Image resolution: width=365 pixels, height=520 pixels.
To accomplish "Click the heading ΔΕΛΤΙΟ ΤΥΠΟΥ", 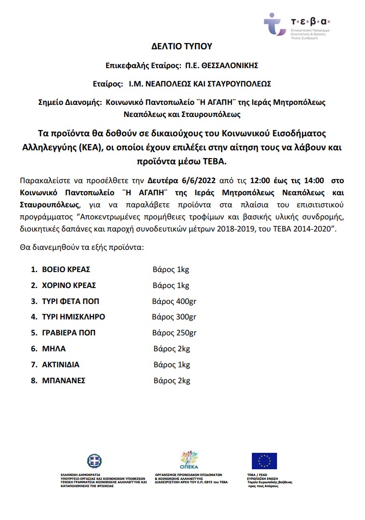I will [182, 46].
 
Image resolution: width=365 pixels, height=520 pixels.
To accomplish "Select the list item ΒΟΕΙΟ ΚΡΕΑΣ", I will [66, 269].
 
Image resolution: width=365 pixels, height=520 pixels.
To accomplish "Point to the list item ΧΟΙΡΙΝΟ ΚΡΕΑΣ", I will [69, 285].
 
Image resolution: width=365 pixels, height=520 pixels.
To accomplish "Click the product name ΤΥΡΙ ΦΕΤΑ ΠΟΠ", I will [71, 301].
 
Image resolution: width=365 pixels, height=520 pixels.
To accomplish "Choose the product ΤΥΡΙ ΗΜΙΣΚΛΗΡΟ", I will [73, 317].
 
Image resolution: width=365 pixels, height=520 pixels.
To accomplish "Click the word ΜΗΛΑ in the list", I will [54, 348].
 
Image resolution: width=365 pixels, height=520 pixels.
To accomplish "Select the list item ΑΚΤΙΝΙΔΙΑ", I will [61, 364].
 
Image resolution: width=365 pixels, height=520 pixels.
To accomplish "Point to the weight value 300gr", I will [185, 317].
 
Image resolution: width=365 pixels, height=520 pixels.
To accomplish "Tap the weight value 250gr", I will [185, 333].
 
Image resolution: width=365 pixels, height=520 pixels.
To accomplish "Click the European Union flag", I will [264, 461].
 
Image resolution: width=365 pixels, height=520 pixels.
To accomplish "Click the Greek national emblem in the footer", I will [94, 461].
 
